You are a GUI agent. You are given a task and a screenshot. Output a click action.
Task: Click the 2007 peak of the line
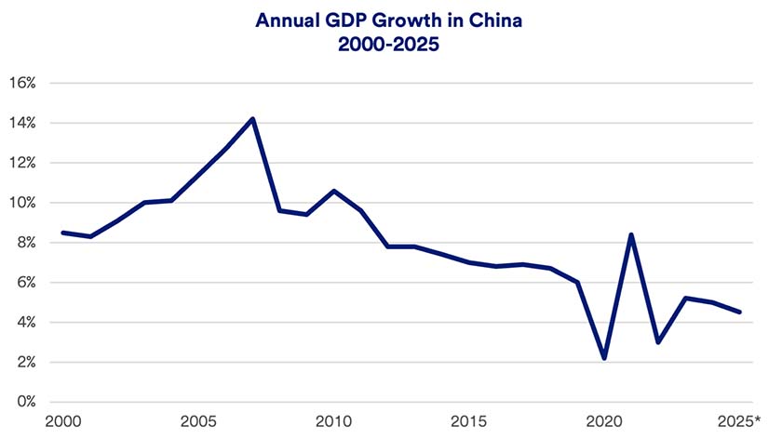click(252, 119)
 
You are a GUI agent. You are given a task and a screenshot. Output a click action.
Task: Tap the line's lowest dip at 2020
click(605, 358)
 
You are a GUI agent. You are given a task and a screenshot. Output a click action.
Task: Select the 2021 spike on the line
click(632, 234)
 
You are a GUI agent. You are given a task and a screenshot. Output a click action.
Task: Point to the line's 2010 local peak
click(334, 191)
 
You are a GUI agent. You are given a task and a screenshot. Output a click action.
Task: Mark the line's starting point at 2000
click(62, 233)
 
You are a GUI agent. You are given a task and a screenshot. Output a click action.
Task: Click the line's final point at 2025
click(740, 313)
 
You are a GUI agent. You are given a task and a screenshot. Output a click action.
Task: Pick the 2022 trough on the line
click(659, 342)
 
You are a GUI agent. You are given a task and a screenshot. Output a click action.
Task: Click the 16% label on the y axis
click(21, 83)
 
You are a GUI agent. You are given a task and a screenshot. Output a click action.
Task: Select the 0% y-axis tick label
click(25, 402)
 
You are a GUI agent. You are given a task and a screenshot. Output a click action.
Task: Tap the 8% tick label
click(25, 243)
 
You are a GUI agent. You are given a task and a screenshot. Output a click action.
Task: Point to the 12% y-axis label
click(21, 163)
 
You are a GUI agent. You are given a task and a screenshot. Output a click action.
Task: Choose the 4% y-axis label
click(25, 323)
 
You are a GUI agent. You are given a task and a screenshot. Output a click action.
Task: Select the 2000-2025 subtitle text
click(392, 44)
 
